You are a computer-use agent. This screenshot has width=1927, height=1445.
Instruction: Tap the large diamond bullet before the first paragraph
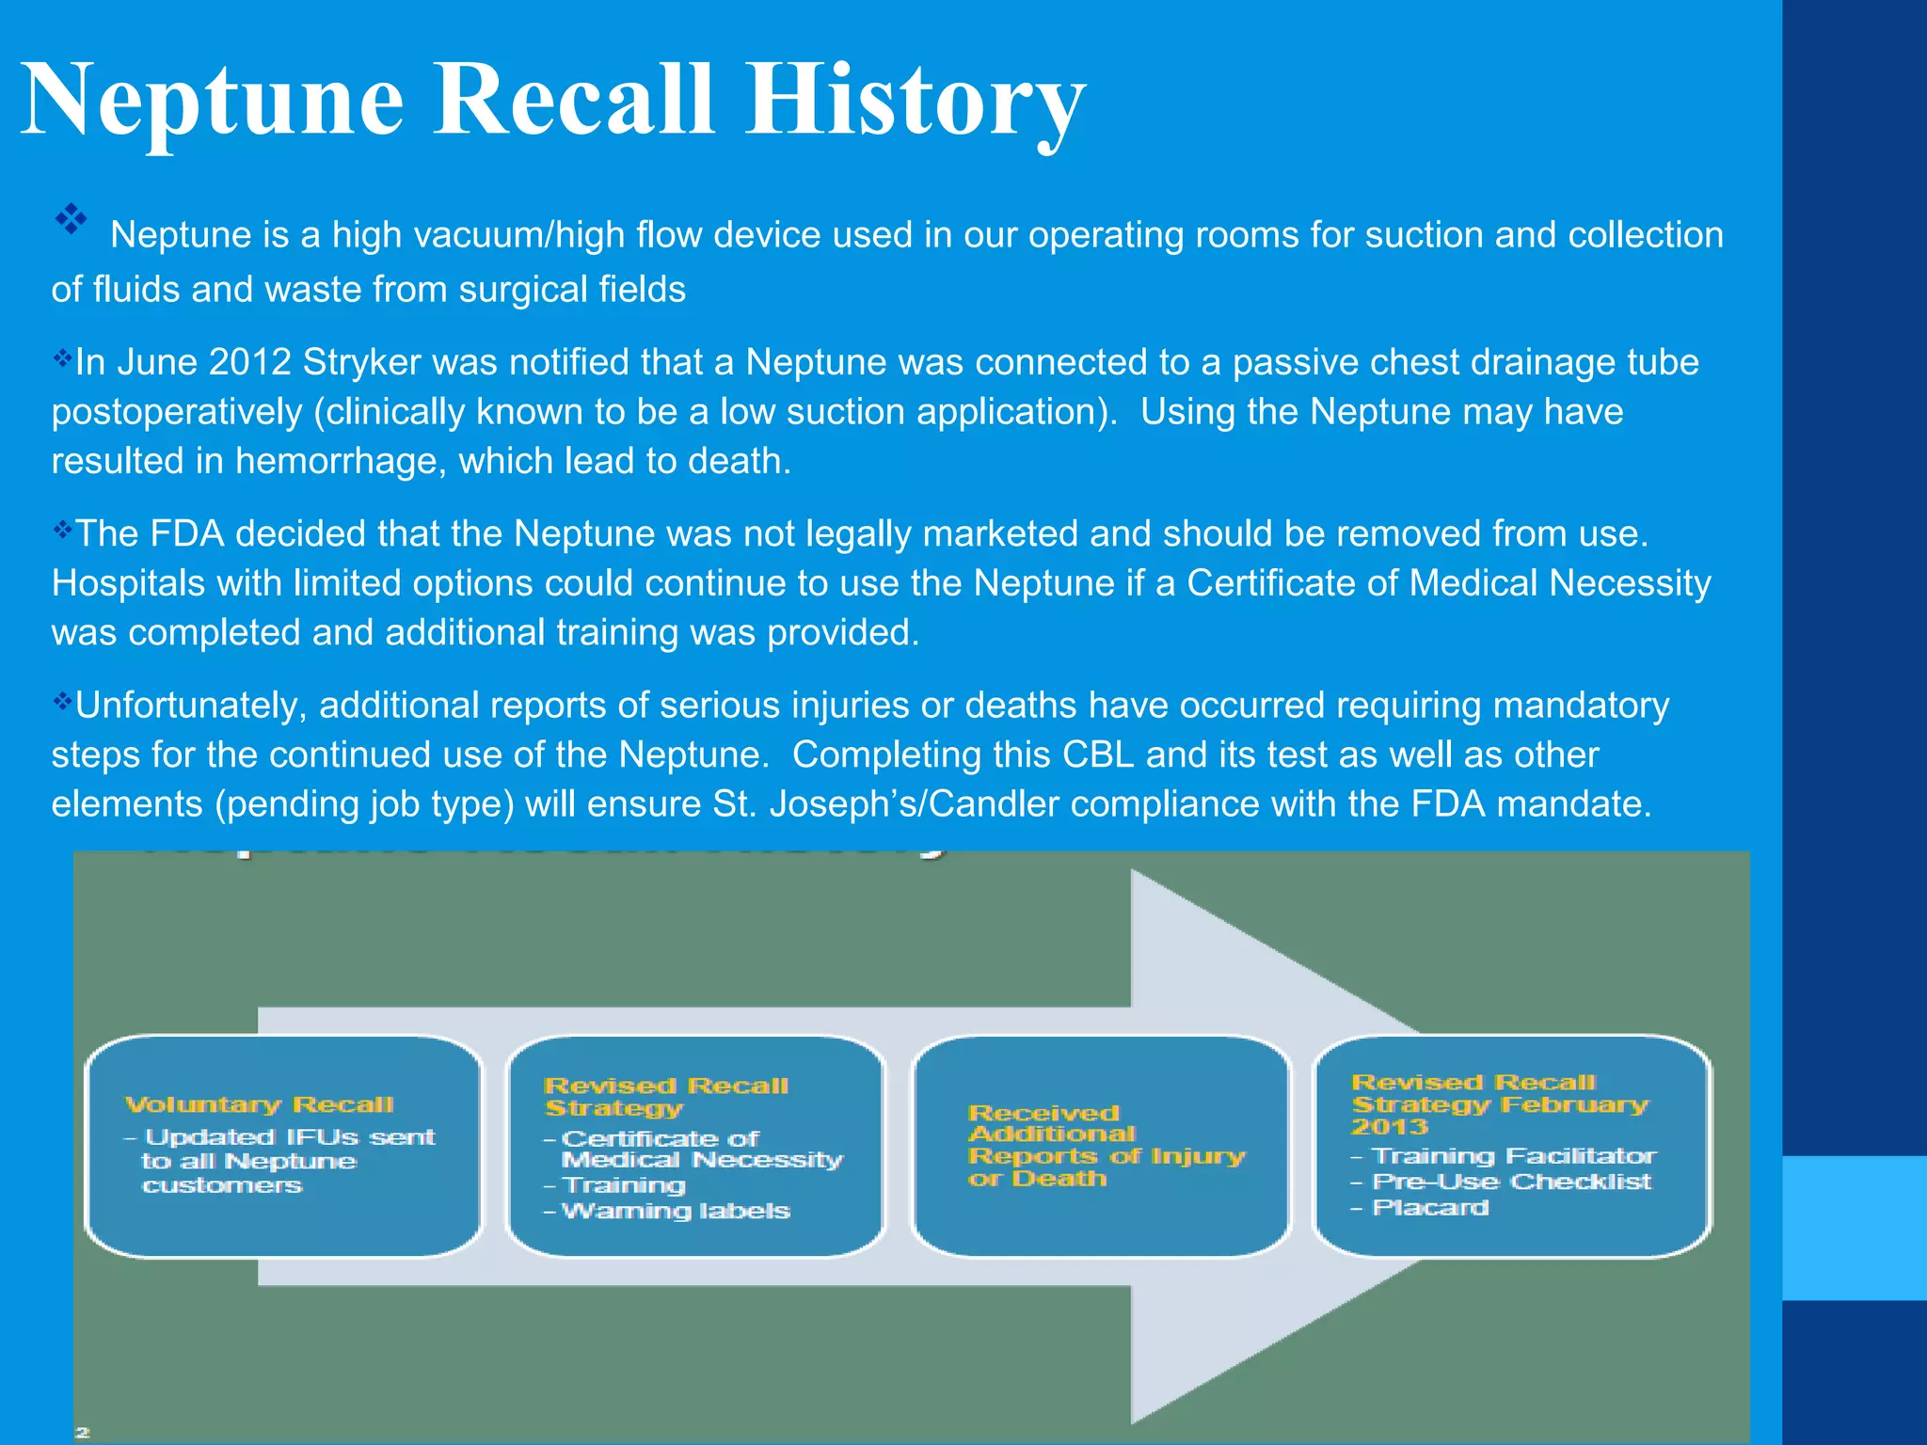(71, 220)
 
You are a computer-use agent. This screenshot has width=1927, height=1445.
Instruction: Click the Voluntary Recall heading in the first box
(259, 1104)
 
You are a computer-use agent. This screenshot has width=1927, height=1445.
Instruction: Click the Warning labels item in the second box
(675, 1211)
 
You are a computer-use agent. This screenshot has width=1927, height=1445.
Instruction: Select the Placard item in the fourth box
(1429, 1207)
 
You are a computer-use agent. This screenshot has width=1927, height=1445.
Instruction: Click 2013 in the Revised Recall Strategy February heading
(1389, 1127)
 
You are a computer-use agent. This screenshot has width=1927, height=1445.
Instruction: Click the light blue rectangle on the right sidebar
(1854, 1228)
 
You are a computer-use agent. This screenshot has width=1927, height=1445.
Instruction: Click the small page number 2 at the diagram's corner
(83, 1432)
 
